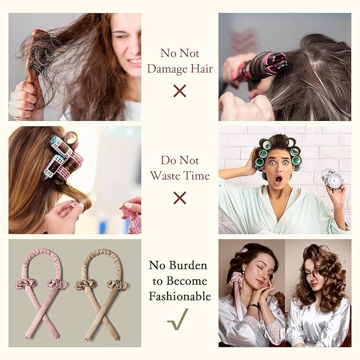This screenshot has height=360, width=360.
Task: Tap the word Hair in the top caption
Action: (201, 68)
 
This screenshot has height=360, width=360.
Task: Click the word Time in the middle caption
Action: (197, 176)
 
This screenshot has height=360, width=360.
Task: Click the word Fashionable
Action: (180, 296)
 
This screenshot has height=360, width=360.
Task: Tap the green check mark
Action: (178, 319)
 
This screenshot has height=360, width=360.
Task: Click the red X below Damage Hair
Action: (180, 91)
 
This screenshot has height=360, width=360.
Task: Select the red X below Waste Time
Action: (180, 198)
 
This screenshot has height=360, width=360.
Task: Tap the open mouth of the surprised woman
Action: (278, 179)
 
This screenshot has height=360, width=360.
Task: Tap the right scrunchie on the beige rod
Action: (117, 285)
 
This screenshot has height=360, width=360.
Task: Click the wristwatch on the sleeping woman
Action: (253, 305)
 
